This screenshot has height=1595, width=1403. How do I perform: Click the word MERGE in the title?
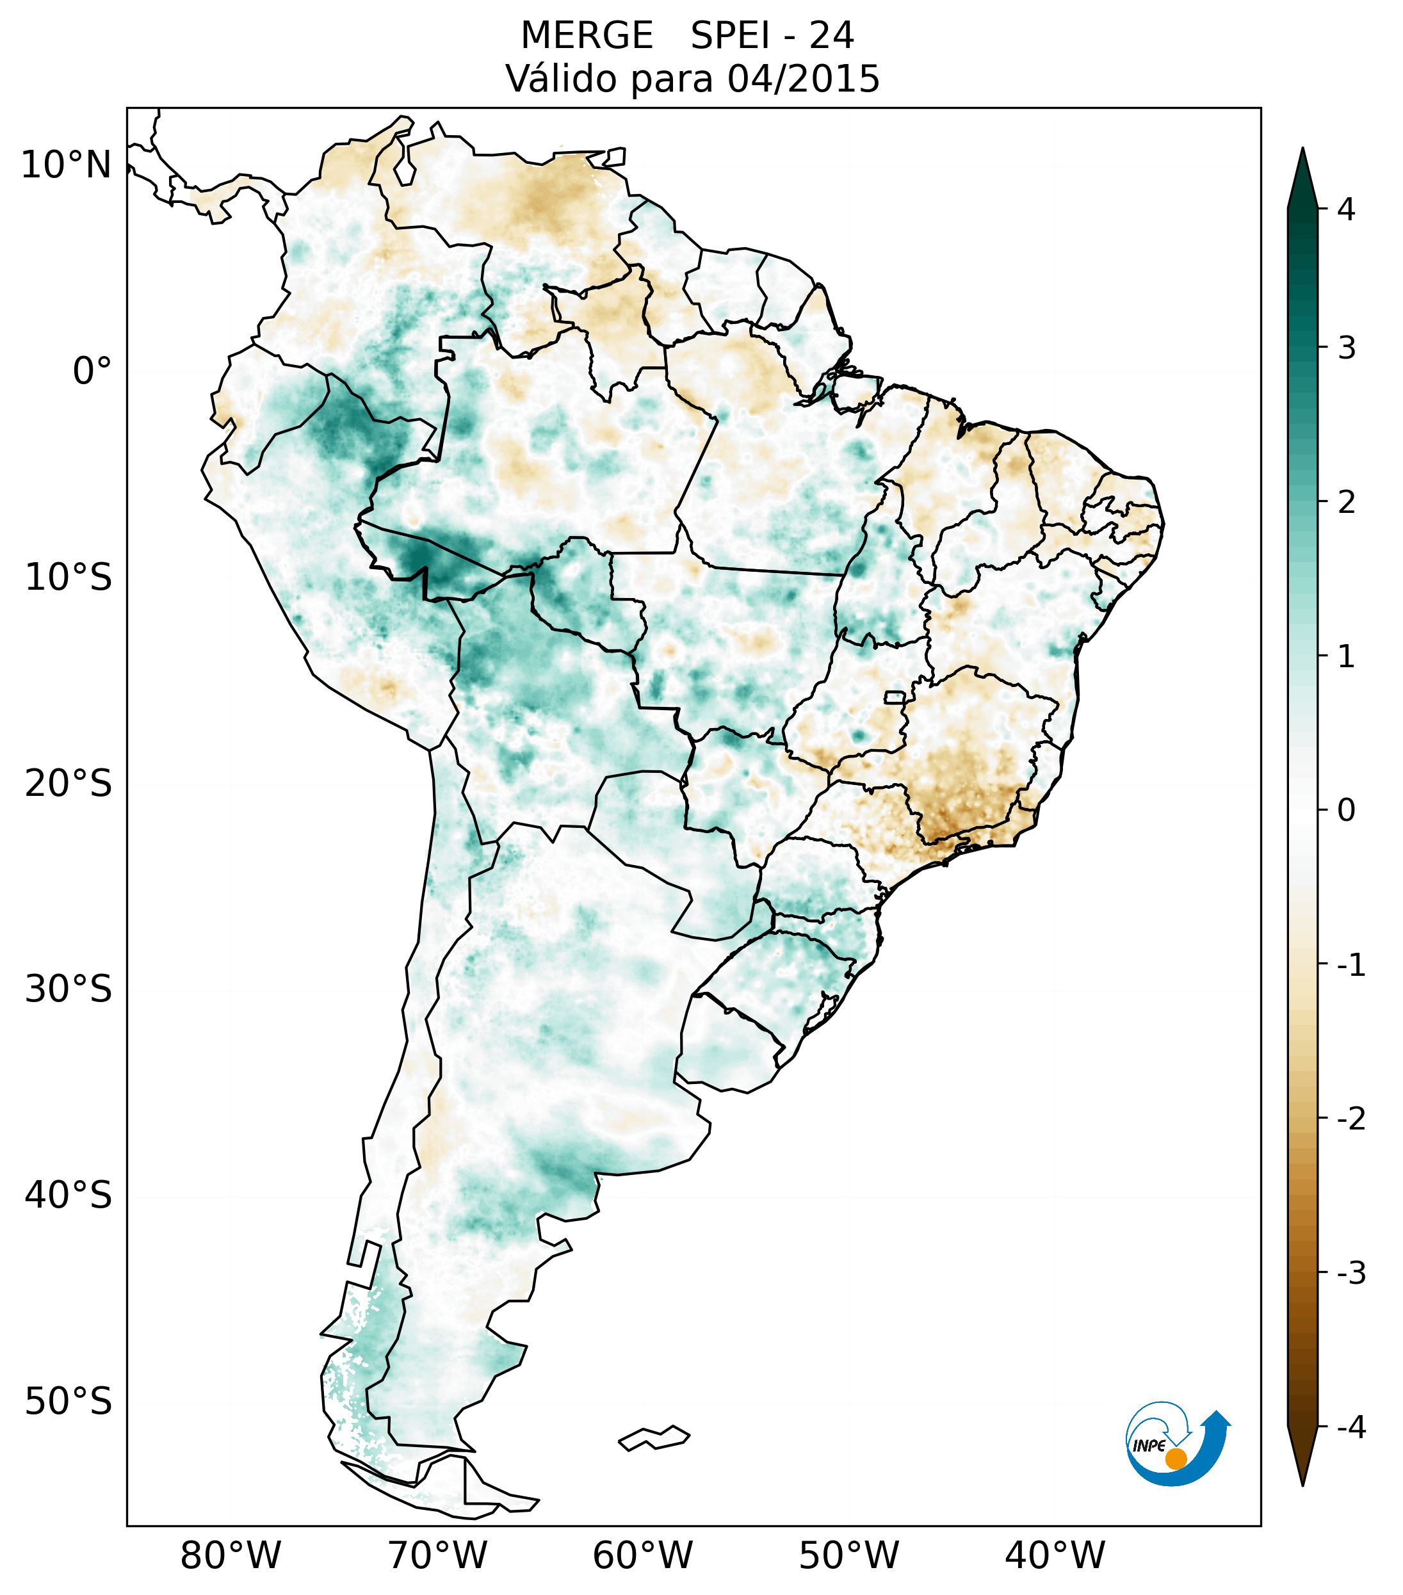pos(586,36)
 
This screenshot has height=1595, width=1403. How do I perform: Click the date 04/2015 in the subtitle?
pos(803,79)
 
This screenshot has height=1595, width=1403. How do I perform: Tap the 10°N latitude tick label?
pos(67,165)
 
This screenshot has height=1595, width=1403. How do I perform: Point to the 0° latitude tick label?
pos(92,371)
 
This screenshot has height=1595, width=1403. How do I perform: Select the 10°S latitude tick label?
pos(69,578)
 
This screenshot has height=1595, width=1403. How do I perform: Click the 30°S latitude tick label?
pos(69,989)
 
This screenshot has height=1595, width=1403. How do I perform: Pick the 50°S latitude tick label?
pos(69,1402)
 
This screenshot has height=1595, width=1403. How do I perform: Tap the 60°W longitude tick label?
pos(642,1555)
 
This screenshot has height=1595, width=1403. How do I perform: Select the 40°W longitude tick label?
pos(1054,1555)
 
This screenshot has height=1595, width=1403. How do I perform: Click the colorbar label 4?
pos(1346,209)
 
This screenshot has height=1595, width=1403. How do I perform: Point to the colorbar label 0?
pos(1346,810)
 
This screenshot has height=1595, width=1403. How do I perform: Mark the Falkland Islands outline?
pos(654,1437)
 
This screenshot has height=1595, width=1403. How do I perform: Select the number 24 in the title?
pos(831,36)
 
